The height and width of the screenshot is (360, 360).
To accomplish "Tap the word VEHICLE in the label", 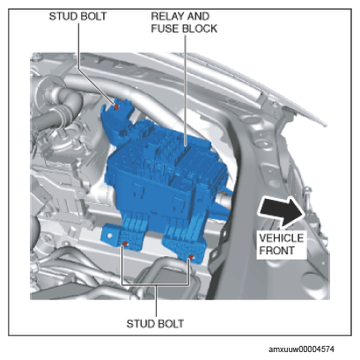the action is coord(281,238).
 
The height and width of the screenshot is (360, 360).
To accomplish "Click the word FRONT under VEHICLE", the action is coord(276,251).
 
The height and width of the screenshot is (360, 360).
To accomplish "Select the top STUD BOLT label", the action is coord(77,16).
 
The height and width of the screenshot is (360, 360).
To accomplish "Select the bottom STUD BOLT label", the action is coord(155,324).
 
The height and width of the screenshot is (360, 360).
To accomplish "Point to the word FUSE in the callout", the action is coord(165,29).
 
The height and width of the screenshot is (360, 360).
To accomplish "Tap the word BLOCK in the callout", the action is coord(200,29).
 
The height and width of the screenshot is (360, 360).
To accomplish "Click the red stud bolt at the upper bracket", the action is coord(116,107).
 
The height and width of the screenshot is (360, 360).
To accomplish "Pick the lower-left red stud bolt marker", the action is coord(125,244).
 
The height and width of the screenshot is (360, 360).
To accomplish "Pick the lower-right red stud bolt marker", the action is coord(191,258).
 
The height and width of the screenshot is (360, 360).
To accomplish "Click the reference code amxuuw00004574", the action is coord(301,349).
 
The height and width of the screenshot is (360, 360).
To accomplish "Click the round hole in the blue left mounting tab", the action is coord(110,235).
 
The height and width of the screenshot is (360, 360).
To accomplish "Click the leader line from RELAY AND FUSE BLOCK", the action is coord(186,91).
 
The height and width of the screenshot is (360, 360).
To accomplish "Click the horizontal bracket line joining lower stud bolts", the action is coord(156,284).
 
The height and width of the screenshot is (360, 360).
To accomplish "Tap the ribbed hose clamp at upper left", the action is coord(62,111).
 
